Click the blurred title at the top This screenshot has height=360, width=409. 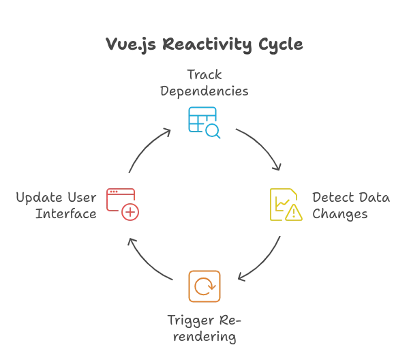[x=204, y=46]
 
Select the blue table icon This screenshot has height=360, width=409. [x=202, y=121]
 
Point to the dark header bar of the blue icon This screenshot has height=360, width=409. [x=201, y=110]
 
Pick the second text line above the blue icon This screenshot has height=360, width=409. [x=204, y=89]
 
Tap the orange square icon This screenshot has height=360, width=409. [x=204, y=286]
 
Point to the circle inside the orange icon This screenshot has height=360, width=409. [x=204, y=286]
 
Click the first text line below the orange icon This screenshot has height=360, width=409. [x=204, y=320]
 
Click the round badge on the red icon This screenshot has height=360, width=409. [x=130, y=213]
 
